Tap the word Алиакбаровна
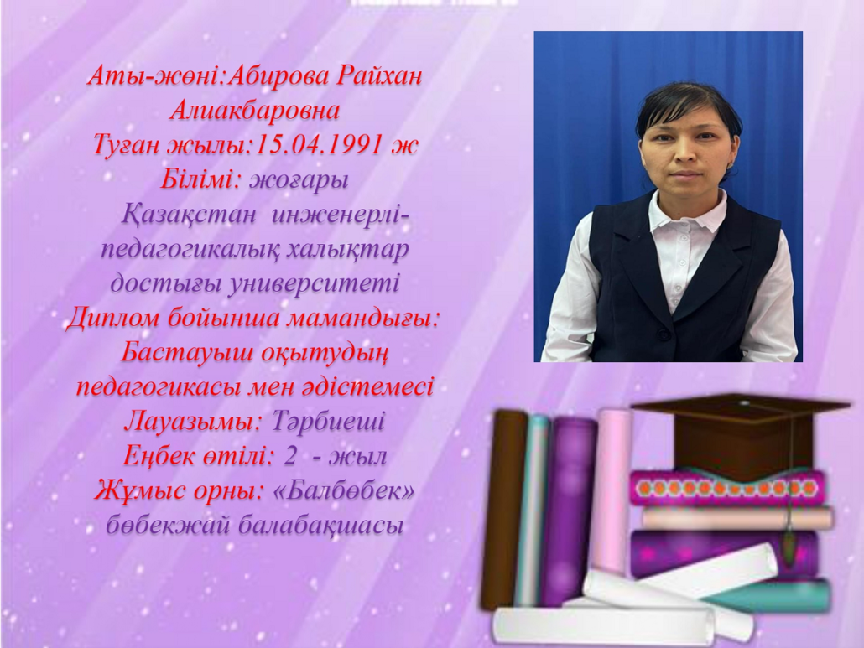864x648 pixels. click(x=254, y=111)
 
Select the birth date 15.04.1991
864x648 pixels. click(x=318, y=145)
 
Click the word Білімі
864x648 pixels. click(x=197, y=179)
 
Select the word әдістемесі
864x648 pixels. click(x=367, y=387)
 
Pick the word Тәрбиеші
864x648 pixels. click(x=328, y=422)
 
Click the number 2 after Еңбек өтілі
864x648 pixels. click(x=290, y=456)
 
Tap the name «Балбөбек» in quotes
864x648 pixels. click(x=343, y=490)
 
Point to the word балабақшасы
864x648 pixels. click(x=321, y=526)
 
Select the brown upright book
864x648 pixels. click(x=502, y=509)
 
